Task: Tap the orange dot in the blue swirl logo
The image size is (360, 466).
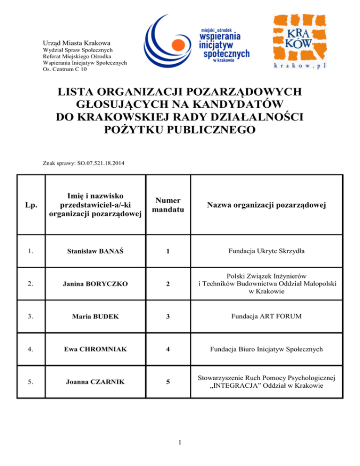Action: point(178,45)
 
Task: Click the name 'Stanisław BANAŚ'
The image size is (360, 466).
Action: point(96,251)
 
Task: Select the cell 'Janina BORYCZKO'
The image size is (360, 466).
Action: point(96,284)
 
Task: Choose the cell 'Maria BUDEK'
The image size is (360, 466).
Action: point(96,316)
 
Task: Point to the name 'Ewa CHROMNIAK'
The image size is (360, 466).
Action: point(96,349)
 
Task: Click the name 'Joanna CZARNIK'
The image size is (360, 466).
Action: point(96,382)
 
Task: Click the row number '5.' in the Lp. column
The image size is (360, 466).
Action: point(30,382)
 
